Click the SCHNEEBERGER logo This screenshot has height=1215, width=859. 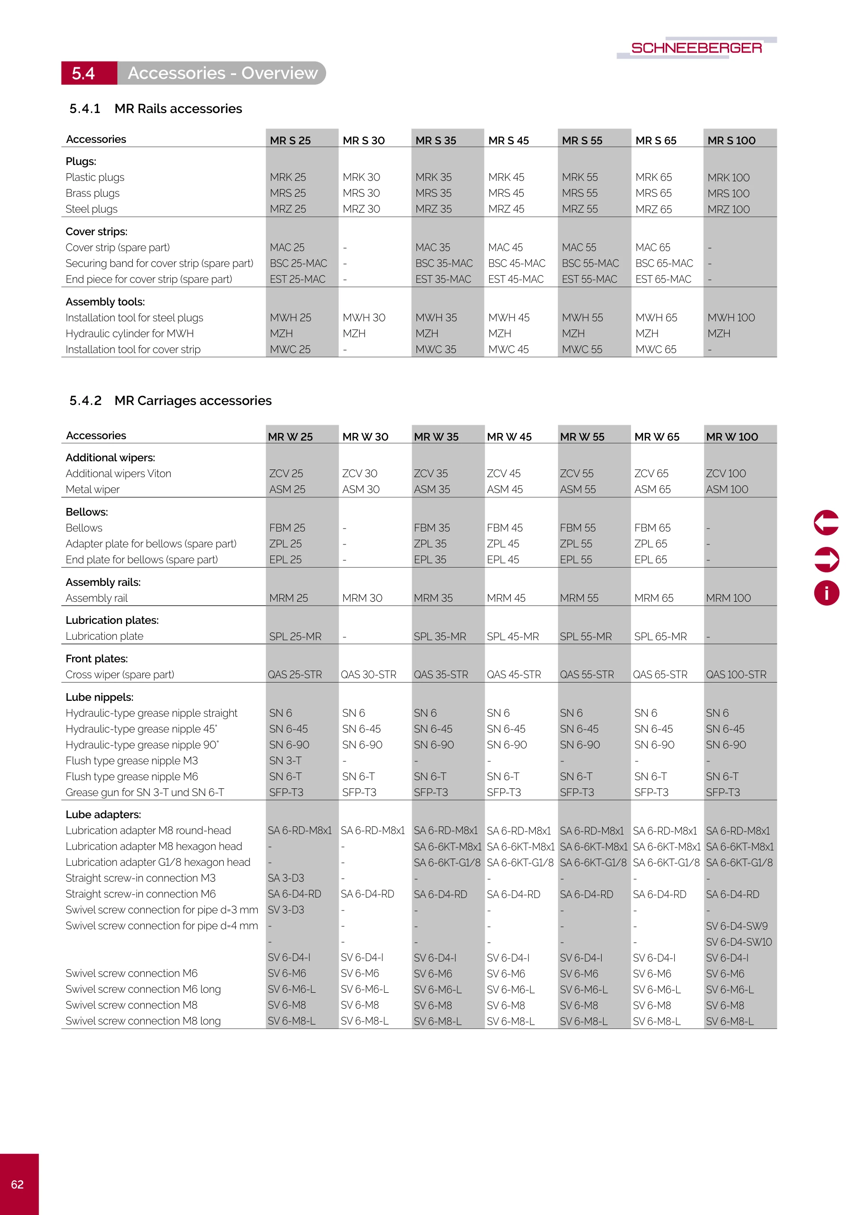[696, 48]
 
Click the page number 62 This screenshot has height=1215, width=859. [17, 1184]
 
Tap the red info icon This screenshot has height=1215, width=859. [826, 593]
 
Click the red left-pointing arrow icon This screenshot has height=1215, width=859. [826, 523]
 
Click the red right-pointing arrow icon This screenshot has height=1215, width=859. [826, 559]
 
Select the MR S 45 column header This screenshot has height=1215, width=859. [508, 140]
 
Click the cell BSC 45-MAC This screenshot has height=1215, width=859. [516, 263]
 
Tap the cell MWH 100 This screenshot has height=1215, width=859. [731, 317]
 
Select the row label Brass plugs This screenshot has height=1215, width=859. [93, 193]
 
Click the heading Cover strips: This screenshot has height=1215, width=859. [96, 231]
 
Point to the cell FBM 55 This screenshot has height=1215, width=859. [578, 528]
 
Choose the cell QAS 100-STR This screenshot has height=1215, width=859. [736, 675]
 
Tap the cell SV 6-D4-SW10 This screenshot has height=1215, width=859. [738, 942]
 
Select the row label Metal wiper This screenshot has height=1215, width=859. [93, 490]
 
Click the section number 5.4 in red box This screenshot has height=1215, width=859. [84, 73]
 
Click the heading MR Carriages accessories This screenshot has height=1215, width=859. [193, 401]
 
